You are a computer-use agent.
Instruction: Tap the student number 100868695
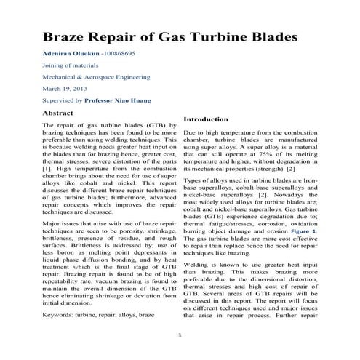[130, 54]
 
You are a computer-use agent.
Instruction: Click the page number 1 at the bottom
[180, 334]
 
